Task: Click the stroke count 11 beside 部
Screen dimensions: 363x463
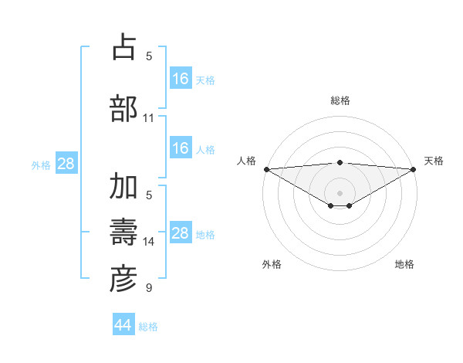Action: click(x=149, y=118)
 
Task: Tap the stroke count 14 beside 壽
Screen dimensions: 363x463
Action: click(x=149, y=242)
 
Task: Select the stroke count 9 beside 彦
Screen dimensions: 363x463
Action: click(x=149, y=288)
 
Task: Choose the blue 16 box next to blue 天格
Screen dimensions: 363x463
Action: click(x=180, y=79)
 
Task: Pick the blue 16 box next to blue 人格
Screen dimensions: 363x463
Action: click(x=180, y=148)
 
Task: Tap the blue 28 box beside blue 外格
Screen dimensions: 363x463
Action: click(x=66, y=164)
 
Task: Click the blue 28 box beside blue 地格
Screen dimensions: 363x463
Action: click(x=180, y=233)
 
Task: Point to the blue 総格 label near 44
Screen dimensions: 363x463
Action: click(x=148, y=327)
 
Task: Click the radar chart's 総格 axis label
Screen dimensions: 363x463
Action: click(x=340, y=100)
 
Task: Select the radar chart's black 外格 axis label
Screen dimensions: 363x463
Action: click(x=272, y=264)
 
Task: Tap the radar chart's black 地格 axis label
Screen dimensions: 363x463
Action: click(x=404, y=264)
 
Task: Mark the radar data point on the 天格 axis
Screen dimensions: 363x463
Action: click(x=414, y=169)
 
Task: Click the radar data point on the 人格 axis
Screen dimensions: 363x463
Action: click(x=266, y=169)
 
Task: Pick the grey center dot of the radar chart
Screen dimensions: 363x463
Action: click(x=340, y=192)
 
